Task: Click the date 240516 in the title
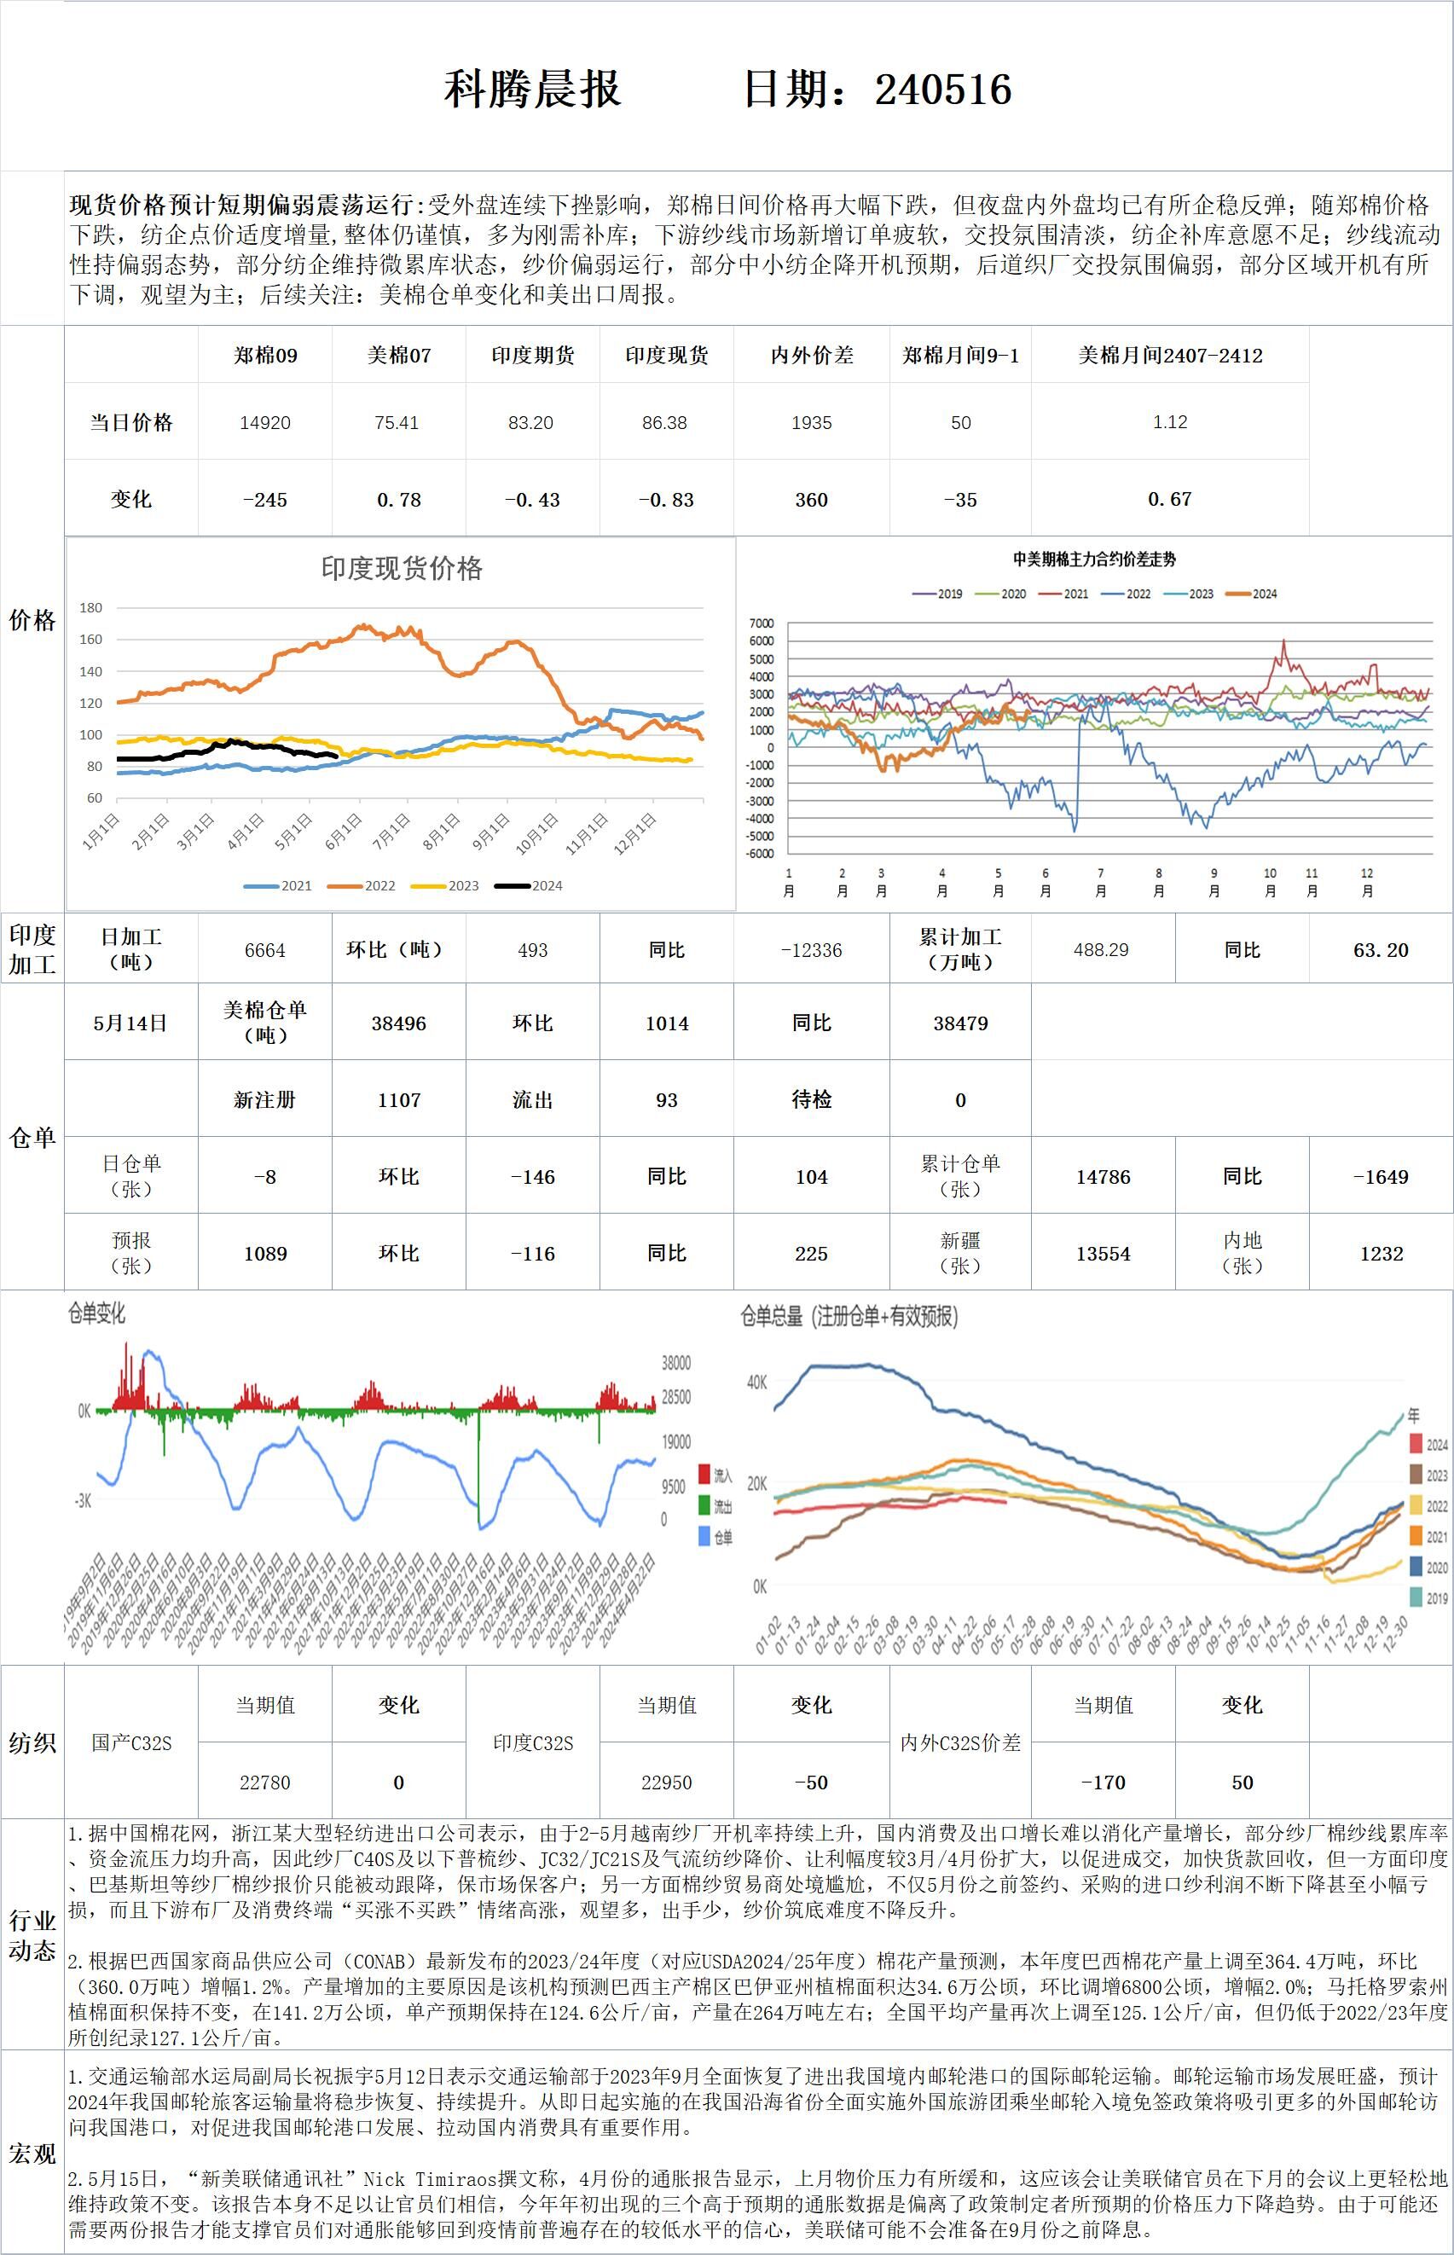(x=942, y=90)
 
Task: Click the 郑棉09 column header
(x=265, y=355)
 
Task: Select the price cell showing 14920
(x=265, y=422)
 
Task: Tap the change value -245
(x=265, y=500)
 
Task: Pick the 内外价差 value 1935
(x=811, y=422)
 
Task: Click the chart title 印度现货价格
(x=402, y=567)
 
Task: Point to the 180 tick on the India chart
(x=90, y=607)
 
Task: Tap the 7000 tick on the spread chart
(x=761, y=623)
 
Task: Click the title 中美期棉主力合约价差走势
(x=1094, y=559)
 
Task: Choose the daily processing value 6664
(x=265, y=950)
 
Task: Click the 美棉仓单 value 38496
(x=398, y=1023)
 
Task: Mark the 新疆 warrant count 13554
(x=1103, y=1253)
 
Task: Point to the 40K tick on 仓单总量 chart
(x=757, y=1382)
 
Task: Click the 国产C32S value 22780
(x=265, y=1782)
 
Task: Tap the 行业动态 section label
(x=32, y=1935)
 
